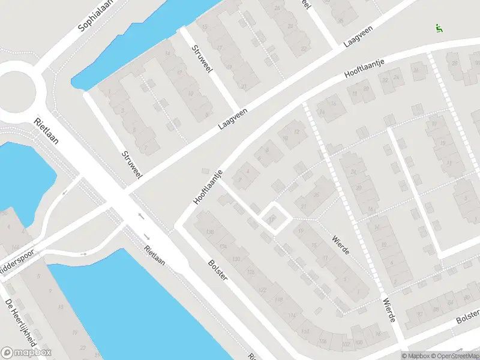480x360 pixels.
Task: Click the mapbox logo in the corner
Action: (x=26, y=353)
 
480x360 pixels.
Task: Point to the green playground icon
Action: (x=439, y=28)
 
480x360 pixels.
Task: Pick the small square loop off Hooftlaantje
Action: (x=272, y=217)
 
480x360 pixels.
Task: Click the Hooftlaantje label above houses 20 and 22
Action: (x=364, y=70)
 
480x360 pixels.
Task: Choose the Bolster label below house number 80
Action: (x=467, y=316)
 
